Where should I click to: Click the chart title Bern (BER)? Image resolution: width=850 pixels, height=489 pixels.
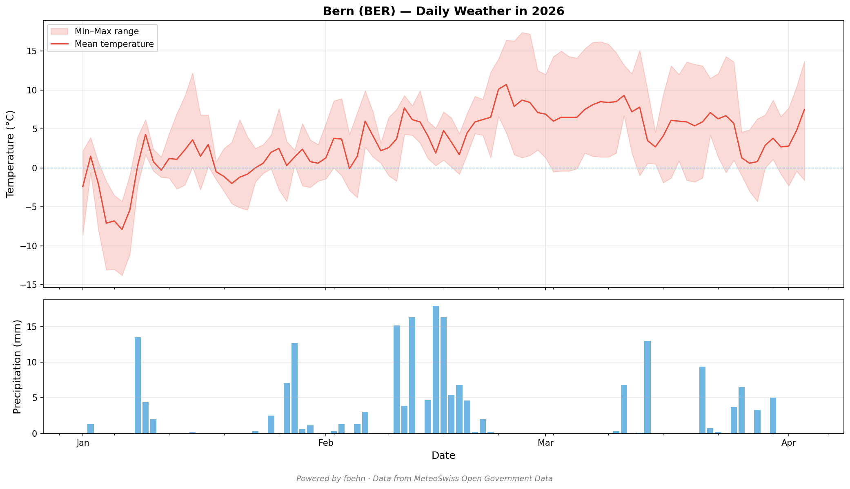[x=443, y=11]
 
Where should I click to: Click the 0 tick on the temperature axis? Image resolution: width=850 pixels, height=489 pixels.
[x=35, y=168]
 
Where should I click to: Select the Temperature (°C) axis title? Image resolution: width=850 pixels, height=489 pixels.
[x=10, y=154]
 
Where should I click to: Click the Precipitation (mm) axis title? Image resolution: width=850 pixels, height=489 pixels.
[x=17, y=367]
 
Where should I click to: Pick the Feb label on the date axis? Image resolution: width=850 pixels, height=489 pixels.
[x=326, y=443]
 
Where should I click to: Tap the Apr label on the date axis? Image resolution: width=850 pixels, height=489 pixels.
[x=788, y=443]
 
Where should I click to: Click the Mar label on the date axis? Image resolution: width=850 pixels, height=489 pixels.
[x=545, y=443]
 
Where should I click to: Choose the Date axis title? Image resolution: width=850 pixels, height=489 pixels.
[x=443, y=456]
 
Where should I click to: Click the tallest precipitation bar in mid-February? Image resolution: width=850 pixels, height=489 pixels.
[x=436, y=370]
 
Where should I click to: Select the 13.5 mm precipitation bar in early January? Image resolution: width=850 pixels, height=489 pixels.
[x=138, y=385]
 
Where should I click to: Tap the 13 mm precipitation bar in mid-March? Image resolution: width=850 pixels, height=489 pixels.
[x=648, y=387]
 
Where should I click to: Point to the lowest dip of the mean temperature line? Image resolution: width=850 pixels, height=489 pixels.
[x=122, y=230]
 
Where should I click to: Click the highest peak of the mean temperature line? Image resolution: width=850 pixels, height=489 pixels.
[x=506, y=84]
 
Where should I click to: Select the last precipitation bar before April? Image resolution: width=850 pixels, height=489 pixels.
[x=773, y=415]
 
